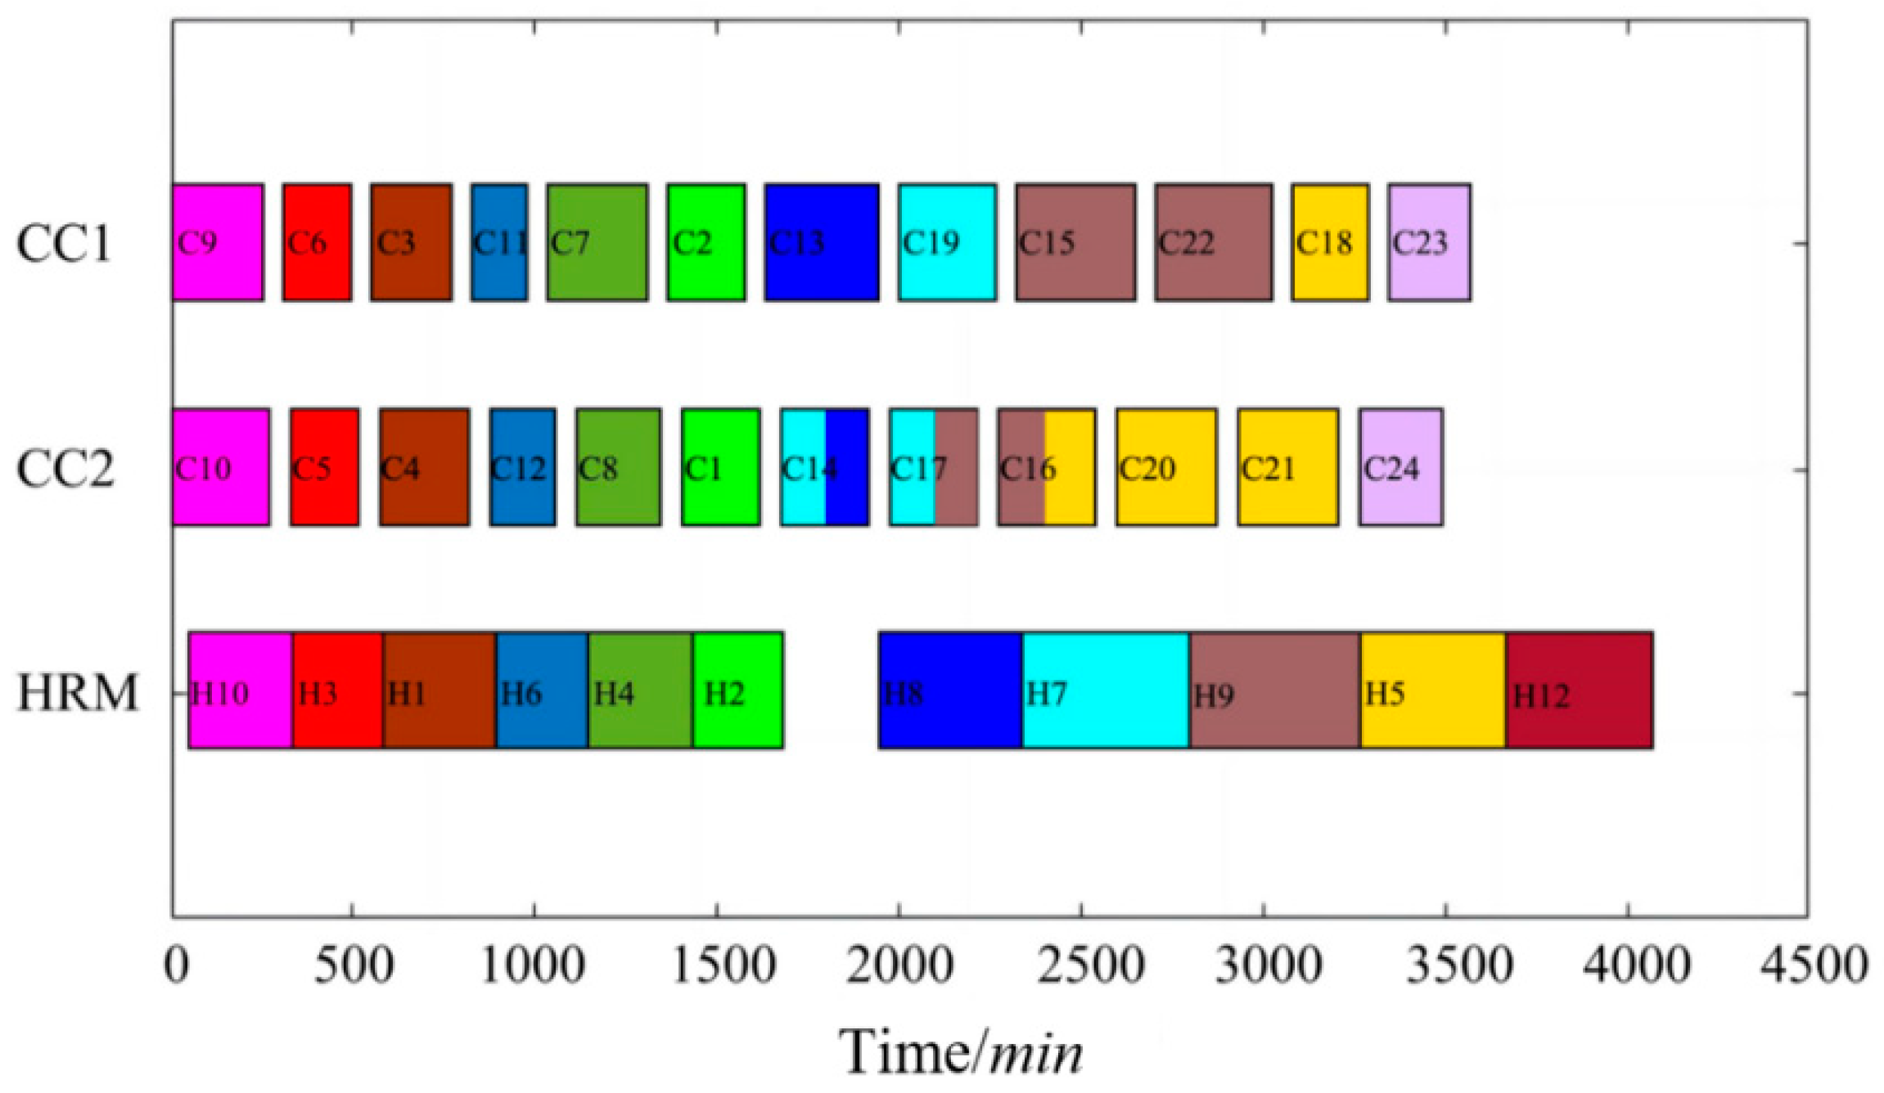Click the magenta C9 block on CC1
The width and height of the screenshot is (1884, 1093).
(x=218, y=242)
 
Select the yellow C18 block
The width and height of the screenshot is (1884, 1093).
(x=1330, y=242)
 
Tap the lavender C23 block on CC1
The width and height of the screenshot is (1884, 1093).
(x=1429, y=242)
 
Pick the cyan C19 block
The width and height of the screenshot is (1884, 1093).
(x=947, y=242)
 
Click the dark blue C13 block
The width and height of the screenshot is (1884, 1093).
(x=822, y=242)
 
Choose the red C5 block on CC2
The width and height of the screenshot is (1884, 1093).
(x=324, y=467)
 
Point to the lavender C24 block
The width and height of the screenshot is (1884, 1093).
(x=1400, y=467)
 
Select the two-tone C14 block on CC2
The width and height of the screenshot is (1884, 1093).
(x=825, y=467)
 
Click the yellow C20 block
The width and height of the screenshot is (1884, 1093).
(x=1166, y=467)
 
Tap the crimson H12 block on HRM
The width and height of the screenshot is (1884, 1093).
(x=1580, y=690)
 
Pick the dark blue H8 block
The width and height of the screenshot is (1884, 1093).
(x=950, y=690)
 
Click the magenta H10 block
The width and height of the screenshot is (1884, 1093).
(x=241, y=690)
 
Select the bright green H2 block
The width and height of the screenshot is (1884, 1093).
(x=738, y=690)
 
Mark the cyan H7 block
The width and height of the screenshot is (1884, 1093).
(x=1106, y=690)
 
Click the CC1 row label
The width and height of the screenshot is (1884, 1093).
(x=64, y=243)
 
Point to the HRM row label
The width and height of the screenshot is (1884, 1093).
(x=78, y=693)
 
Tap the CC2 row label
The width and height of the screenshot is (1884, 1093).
(x=65, y=469)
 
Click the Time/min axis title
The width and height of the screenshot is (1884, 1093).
(x=961, y=1052)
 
